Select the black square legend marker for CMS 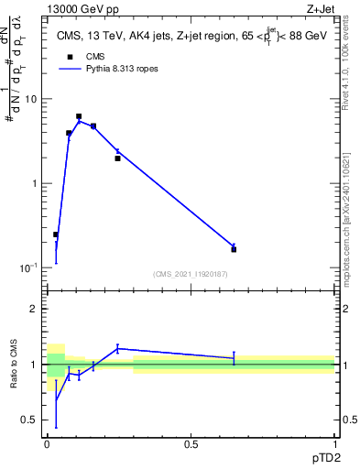[70, 56]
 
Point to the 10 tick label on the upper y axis [31, 99]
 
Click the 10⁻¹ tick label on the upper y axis [30, 267]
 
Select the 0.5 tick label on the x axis [191, 445]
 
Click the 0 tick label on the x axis [47, 445]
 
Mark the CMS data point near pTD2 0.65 [234, 249]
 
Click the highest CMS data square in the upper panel [79, 116]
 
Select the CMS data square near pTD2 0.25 [117, 158]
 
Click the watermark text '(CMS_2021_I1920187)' [191, 273]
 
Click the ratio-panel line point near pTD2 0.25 [117, 348]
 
